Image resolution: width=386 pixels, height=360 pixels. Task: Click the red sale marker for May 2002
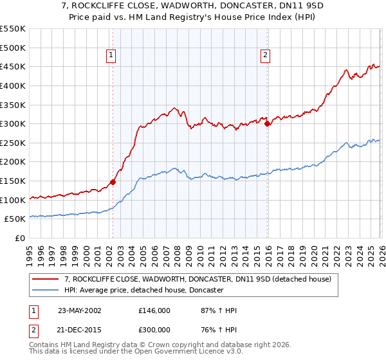(113, 182)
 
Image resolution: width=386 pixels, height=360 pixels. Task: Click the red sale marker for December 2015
(268, 124)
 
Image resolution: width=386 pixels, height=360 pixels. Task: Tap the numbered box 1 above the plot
(112, 56)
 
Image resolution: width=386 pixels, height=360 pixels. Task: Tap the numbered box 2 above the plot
(265, 56)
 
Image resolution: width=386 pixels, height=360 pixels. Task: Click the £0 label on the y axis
(19, 239)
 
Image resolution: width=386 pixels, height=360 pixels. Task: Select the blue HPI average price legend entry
(143, 291)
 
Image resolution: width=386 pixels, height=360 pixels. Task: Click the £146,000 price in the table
(154, 310)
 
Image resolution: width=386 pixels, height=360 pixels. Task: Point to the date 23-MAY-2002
(80, 310)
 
